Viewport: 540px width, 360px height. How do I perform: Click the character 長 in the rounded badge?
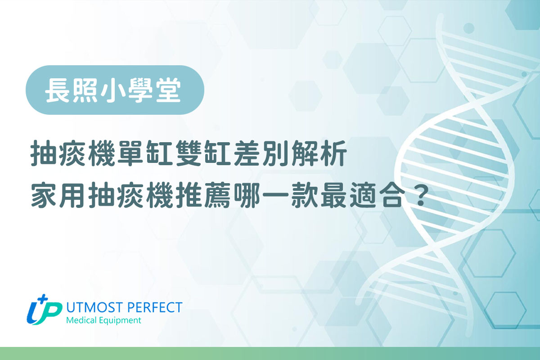57,90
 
